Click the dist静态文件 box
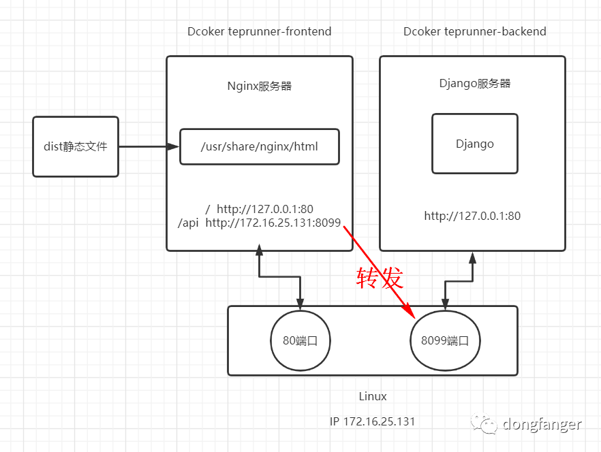pos(76,146)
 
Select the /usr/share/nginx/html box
pos(259,146)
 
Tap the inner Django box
pos(474,144)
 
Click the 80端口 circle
pos(300,340)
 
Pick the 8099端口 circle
pos(445,340)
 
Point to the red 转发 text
pos(380,278)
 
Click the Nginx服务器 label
pos(259,86)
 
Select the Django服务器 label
pos(474,84)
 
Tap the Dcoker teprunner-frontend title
pos(259,31)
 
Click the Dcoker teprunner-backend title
pos(474,31)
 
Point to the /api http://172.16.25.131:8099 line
pos(259,222)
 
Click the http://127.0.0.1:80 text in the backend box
pos(472,216)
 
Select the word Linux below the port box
pos(373,396)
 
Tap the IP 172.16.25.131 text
pos(372,421)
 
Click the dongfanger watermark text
pos(542,425)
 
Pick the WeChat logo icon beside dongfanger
pos(489,425)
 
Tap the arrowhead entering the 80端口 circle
pos(300,304)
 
